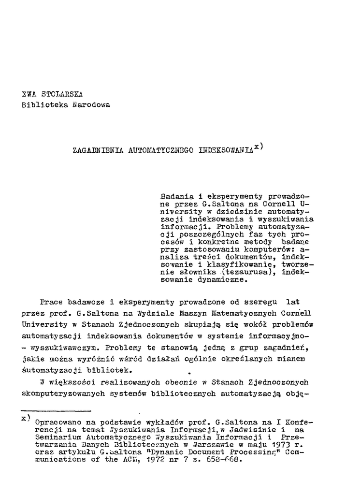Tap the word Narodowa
[x=91, y=104]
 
